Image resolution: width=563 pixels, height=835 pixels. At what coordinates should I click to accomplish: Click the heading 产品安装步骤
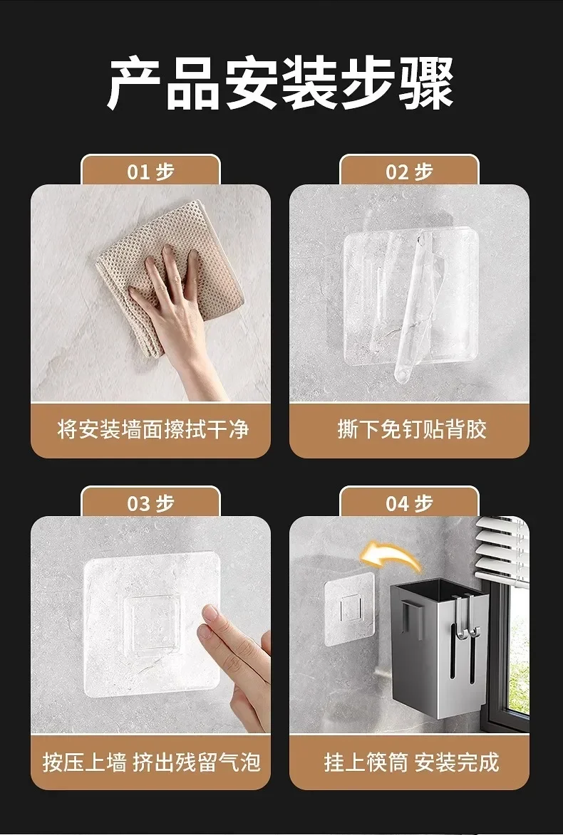tap(281, 83)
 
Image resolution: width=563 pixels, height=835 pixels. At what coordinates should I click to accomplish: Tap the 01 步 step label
tap(151, 172)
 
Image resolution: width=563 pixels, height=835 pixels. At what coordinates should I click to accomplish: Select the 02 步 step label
tap(410, 172)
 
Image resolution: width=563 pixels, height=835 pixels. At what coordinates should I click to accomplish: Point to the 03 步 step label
tap(151, 503)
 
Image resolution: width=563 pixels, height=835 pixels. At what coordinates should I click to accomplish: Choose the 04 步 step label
tap(410, 503)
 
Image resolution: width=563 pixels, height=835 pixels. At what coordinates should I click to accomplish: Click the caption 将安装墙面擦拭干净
tap(153, 429)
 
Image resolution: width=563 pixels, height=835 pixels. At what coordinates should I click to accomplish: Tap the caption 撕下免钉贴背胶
tap(412, 429)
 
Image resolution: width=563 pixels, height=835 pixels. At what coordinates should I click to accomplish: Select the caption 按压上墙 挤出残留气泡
tap(151, 762)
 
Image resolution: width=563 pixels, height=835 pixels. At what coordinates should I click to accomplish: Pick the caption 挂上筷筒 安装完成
tap(412, 762)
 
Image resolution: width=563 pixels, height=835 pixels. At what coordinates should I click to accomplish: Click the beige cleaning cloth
tap(170, 272)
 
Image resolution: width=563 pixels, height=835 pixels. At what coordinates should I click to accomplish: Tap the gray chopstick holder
tap(440, 641)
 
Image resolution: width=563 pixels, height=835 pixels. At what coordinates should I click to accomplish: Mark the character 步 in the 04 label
tap(423, 503)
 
